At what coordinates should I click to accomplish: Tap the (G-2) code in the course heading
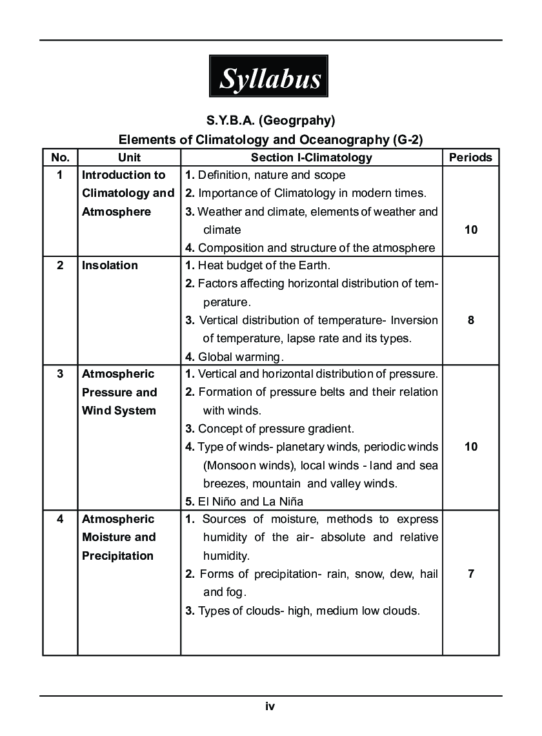[x=405, y=139]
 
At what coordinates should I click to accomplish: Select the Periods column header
[x=470, y=157]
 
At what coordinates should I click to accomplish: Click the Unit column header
[x=129, y=157]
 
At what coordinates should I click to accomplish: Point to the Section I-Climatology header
[x=311, y=157]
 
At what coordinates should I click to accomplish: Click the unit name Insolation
[x=110, y=265]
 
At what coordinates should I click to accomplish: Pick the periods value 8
[x=470, y=320]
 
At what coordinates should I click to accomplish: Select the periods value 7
[x=470, y=573]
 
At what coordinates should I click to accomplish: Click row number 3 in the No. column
[x=60, y=374]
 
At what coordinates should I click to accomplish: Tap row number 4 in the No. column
[x=60, y=519]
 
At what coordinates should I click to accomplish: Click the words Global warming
[x=240, y=356]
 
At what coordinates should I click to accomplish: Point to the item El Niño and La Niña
[x=250, y=501]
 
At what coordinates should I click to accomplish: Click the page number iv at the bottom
[x=270, y=706]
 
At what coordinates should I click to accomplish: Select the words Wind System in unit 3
[x=119, y=411]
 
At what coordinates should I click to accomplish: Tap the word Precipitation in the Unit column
[x=117, y=556]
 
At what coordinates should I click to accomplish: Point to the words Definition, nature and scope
[x=271, y=175]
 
